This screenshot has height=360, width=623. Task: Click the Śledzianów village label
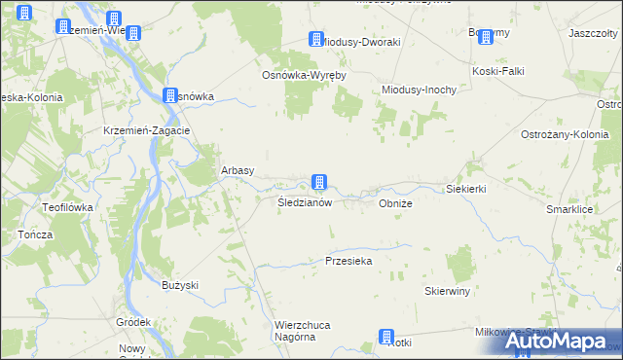tap(305, 203)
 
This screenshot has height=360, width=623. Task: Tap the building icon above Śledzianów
tap(318, 182)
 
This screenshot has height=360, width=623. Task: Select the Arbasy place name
tap(238, 170)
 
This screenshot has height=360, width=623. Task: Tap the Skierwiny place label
tap(448, 291)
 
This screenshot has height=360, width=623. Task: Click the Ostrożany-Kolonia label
tap(565, 134)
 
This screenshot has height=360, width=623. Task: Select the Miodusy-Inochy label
tap(419, 90)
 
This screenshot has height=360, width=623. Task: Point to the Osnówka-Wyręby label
tap(305, 75)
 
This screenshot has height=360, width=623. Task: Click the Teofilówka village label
tap(66, 207)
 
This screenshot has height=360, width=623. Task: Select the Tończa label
tap(35, 235)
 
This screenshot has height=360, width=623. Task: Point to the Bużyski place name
tap(180, 285)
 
